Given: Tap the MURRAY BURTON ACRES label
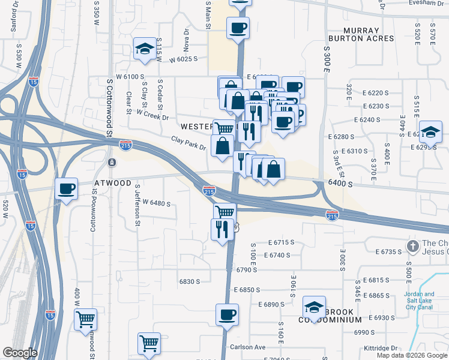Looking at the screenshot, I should coord(369,34).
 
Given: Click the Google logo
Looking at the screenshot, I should coord(20,353).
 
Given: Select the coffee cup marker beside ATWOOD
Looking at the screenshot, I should coord(67,189).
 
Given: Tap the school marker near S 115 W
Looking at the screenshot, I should coord(145,49).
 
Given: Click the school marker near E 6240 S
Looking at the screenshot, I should coord(430,132).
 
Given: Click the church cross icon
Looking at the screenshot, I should coord(412,246).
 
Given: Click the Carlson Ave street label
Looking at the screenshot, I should coord(247,347).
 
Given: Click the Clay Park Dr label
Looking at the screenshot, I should coord(188,143).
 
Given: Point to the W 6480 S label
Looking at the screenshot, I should coord(152,203).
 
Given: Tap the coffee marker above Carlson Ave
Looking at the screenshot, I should coord(227,314).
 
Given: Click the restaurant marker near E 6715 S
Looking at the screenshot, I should coord(221,229).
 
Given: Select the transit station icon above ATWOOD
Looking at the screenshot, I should coord(112,163).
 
